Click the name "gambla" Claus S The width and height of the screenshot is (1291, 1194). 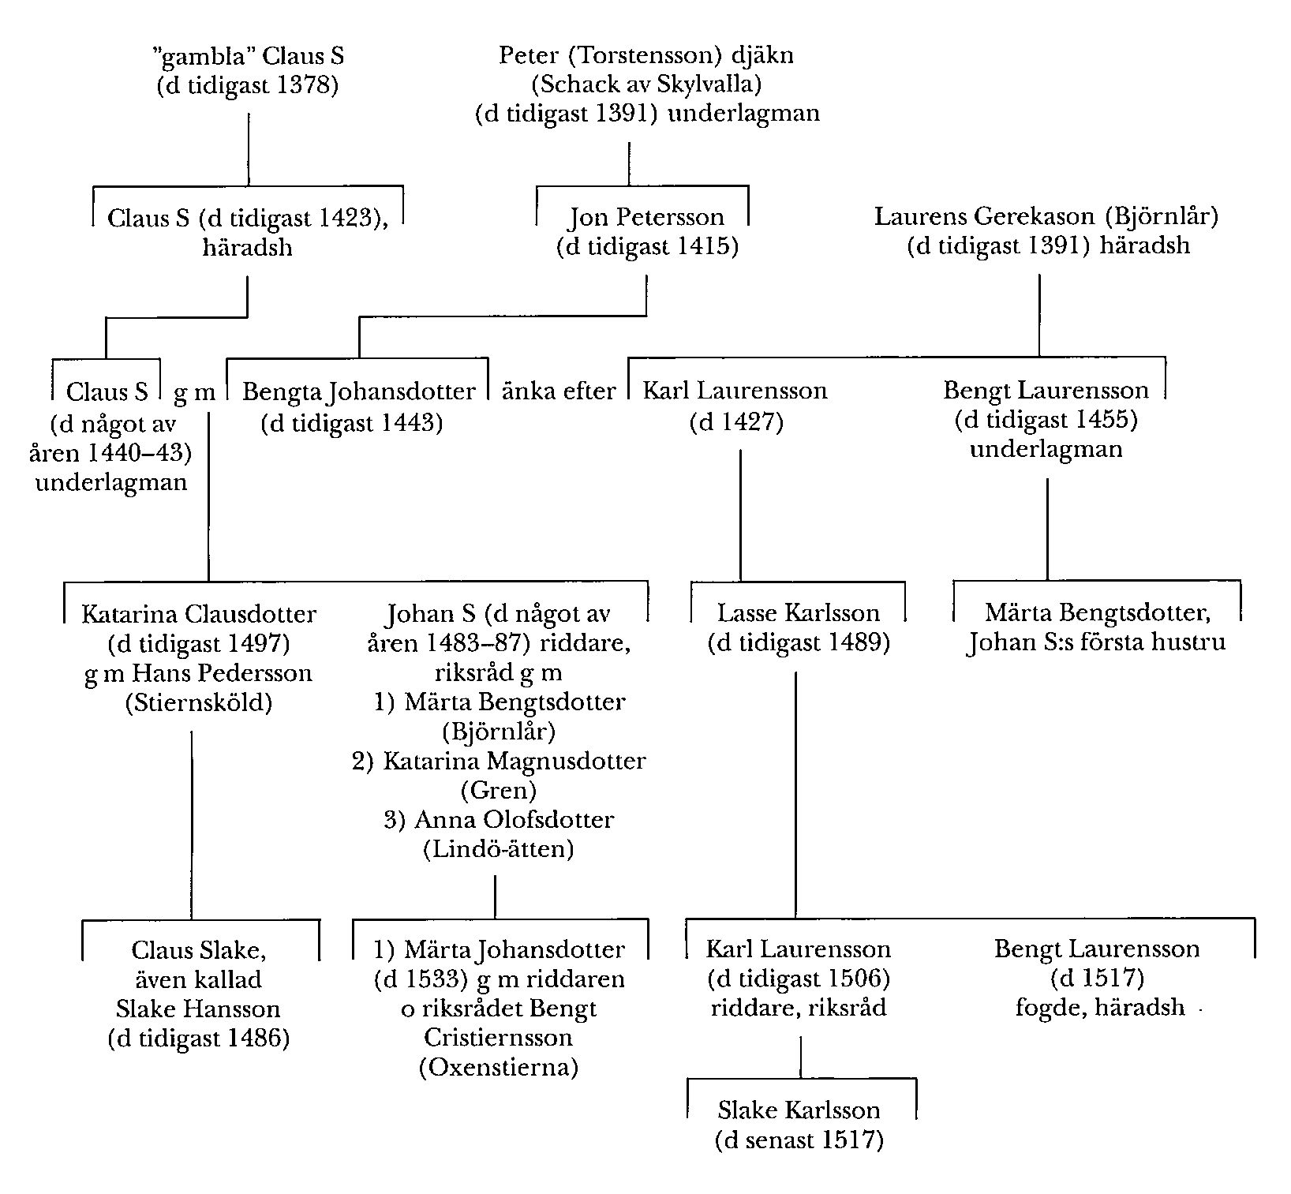(247, 56)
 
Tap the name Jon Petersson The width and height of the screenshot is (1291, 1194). (646, 217)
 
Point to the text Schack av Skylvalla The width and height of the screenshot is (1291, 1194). (647, 84)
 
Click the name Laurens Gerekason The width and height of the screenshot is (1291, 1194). (984, 216)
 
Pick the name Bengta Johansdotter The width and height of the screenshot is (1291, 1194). (358, 391)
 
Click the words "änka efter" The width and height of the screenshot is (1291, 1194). (559, 391)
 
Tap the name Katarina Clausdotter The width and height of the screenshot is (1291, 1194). (199, 614)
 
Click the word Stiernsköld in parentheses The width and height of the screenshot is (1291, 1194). (199, 702)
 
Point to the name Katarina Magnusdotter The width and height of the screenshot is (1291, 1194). (514, 761)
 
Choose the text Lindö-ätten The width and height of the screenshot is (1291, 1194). (499, 849)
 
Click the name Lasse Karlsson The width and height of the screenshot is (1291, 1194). (799, 613)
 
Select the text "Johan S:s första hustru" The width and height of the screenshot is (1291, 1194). (1097, 642)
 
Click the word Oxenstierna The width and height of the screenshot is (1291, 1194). (499, 1068)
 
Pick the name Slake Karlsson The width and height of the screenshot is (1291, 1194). (799, 1110)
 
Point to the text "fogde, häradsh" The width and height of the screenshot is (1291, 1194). (1100, 1008)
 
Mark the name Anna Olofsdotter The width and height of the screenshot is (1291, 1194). (514, 820)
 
